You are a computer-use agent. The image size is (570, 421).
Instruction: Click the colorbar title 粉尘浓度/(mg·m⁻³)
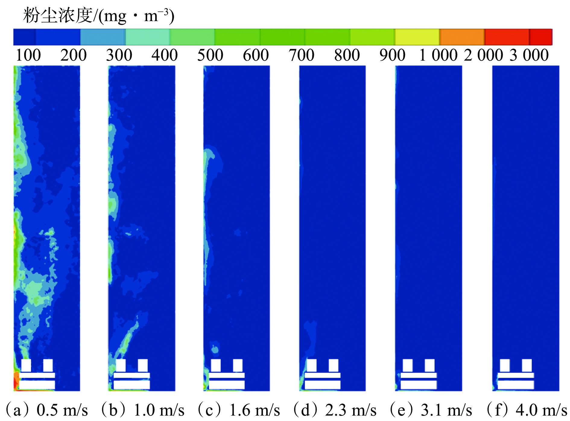[x=98, y=16]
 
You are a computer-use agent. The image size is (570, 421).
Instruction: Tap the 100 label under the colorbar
[x=28, y=55]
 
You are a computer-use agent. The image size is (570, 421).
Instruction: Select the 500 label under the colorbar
[x=210, y=55]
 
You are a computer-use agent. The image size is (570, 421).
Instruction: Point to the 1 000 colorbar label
[x=438, y=55]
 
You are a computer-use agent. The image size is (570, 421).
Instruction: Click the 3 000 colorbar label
[x=529, y=55]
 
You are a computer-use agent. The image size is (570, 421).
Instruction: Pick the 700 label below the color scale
[x=301, y=55]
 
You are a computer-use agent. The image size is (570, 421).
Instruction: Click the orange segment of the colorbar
[x=462, y=37]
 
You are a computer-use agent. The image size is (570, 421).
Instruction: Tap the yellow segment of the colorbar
[x=417, y=37]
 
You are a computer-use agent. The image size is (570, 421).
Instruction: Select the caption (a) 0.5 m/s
[x=47, y=410]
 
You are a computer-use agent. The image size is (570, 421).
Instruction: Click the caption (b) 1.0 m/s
[x=142, y=410]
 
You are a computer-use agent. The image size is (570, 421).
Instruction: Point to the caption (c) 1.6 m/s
[x=238, y=410]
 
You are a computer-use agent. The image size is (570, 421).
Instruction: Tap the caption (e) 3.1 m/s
[x=430, y=410]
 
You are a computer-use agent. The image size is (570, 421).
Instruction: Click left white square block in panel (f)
[x=505, y=365]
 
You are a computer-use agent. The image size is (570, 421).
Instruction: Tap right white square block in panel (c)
[x=238, y=365]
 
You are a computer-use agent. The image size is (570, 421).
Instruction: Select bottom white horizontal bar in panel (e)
[x=418, y=385]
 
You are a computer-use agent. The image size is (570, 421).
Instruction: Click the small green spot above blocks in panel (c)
[x=215, y=350]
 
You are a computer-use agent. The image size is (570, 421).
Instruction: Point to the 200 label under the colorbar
[x=73, y=55]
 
